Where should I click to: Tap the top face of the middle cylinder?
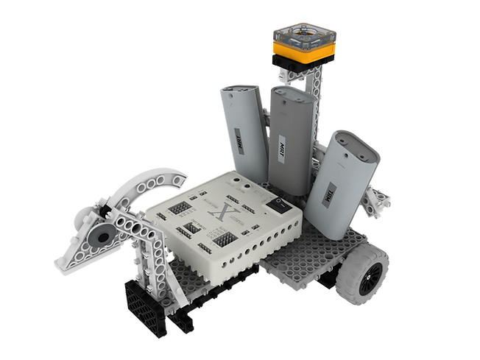(292, 99)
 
